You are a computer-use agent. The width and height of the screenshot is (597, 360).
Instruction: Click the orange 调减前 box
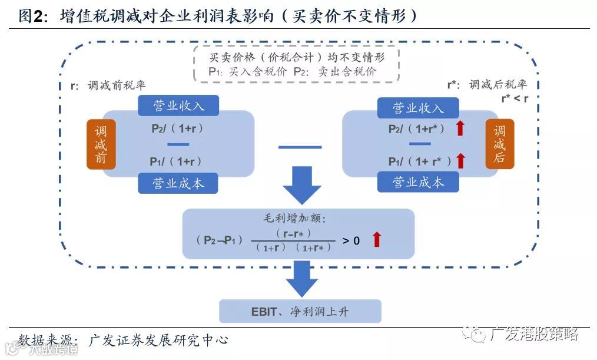[x=101, y=144]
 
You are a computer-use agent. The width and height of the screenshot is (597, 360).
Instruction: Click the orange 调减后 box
[x=499, y=144]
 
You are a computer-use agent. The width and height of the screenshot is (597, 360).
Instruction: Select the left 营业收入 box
[x=178, y=105]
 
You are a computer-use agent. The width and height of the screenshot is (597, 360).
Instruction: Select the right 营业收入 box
[x=418, y=108]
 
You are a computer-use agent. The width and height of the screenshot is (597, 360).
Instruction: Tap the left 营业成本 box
[x=178, y=183]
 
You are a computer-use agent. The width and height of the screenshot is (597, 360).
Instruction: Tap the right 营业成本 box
[x=418, y=182]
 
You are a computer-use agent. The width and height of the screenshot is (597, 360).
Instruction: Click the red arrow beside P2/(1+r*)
[x=460, y=128]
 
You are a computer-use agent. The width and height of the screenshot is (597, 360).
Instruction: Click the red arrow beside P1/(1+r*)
[x=460, y=160]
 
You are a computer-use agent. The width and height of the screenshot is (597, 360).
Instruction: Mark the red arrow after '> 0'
[x=377, y=239]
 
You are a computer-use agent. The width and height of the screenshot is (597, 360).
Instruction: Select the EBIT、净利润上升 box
[x=300, y=311]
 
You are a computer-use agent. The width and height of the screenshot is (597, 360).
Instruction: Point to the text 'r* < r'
[x=514, y=98]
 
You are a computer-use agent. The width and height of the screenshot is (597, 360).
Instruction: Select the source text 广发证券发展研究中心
[x=158, y=340]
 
